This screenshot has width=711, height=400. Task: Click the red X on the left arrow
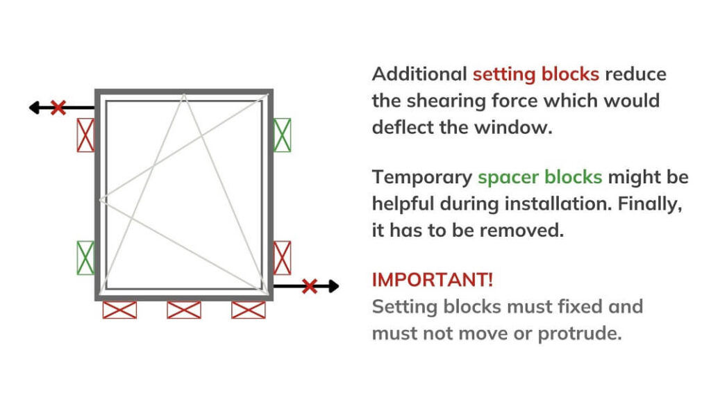[58, 108]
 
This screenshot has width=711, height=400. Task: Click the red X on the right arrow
[309, 285]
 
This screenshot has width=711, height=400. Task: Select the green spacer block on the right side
[282, 135]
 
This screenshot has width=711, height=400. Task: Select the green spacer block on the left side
[85, 258]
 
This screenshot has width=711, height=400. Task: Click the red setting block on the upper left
[85, 135]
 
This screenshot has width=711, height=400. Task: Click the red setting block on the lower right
[282, 258]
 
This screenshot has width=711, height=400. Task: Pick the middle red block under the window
[184, 310]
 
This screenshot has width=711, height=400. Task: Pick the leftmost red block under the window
[119, 310]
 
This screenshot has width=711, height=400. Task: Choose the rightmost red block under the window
[249, 310]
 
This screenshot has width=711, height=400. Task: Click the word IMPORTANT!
[433, 280]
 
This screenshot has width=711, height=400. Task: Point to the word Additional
[419, 74]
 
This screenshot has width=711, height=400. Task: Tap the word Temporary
[421, 176]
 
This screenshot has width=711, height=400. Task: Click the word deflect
[401, 127]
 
